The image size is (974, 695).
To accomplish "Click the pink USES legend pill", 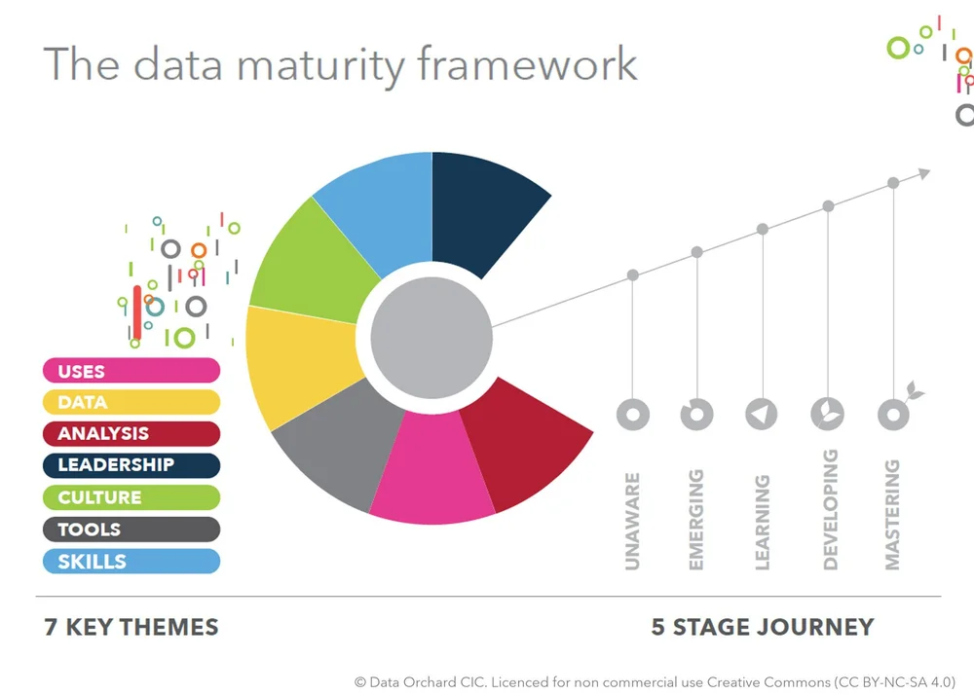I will [131, 371].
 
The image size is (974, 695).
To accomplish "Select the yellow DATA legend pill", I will [131, 402].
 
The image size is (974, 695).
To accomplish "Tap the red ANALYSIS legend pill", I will [131, 434].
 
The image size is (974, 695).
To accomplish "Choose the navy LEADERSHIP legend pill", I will [131, 465].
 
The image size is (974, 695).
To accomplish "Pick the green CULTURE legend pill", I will [131, 497].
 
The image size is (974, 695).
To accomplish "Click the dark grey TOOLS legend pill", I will [131, 530].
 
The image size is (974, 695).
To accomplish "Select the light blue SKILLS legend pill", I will [131, 562].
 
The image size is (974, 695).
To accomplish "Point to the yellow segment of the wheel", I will [297, 365].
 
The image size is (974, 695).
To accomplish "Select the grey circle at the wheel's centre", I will [431, 325].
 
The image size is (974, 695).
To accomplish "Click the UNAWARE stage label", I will [632, 521].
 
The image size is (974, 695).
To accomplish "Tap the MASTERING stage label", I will [892, 515].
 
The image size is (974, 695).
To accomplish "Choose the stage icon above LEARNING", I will [762, 414].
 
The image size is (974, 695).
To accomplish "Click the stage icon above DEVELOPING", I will [827, 414].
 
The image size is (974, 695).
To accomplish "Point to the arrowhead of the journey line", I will [923, 173].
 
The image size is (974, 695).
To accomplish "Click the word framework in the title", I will [527, 65].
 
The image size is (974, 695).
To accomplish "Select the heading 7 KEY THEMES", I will [131, 627].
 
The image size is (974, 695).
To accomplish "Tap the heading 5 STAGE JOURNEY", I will [762, 627].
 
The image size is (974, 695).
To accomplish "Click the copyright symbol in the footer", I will [359, 682].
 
